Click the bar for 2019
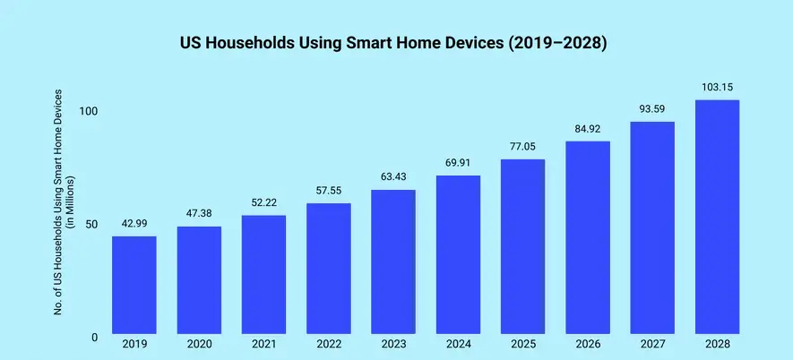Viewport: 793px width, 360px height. (134, 286)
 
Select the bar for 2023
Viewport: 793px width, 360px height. (393, 262)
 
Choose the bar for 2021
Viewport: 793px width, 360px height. (263, 275)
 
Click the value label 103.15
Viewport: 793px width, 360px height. (717, 87)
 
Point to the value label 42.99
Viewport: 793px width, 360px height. (134, 223)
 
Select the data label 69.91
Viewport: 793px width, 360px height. (458, 162)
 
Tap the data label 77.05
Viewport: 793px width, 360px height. (522, 146)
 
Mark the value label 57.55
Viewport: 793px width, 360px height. (329, 191)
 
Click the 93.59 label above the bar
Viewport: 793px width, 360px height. (652, 108)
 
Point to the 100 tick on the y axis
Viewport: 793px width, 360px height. (88, 111)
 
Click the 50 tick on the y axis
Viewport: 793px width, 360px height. (91, 224)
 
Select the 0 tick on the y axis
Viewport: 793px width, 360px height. (94, 338)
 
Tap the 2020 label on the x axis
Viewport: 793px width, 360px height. (199, 343)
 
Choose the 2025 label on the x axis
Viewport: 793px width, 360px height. (522, 343)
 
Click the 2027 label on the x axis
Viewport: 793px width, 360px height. (652, 343)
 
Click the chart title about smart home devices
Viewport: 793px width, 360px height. (396, 43)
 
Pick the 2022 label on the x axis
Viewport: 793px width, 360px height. (329, 343)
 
